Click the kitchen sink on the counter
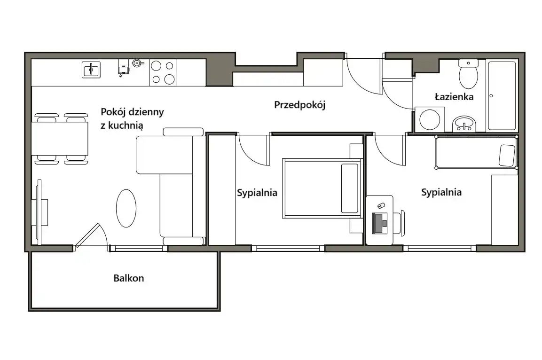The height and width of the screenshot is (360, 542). [91, 70]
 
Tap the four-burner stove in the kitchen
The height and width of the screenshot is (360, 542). [163, 72]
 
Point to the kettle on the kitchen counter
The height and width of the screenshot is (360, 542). [137, 63]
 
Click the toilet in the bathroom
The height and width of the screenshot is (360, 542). [468, 73]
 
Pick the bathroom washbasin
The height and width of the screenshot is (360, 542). [464, 124]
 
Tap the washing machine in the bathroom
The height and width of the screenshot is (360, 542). [430, 119]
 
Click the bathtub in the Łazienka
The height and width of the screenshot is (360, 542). [502, 95]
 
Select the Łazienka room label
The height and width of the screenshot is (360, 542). [454, 96]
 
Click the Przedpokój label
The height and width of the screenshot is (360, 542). [300, 105]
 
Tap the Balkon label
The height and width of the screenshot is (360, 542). [129, 278]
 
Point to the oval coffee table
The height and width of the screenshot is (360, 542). [126, 208]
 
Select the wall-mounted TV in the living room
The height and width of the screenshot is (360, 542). [40, 212]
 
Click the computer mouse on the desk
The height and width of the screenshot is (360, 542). [381, 206]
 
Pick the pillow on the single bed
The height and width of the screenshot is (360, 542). [507, 155]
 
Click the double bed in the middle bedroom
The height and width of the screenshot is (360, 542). [322, 188]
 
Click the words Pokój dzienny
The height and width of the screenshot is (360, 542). [132, 112]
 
